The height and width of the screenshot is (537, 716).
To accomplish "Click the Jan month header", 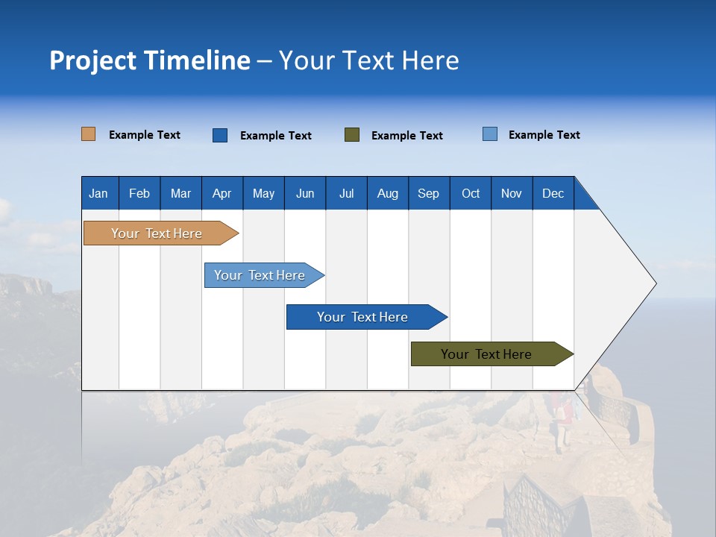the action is point(98,194).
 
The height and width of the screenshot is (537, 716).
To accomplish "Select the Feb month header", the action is point(139,194).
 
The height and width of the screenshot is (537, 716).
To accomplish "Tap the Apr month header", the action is point(222,194).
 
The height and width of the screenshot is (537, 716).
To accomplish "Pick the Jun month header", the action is point(305,194).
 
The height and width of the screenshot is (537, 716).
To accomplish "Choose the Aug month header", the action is point(388,194).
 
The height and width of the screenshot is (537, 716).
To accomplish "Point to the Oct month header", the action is point(471,194).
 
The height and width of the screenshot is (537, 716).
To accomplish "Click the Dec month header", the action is point(553,194).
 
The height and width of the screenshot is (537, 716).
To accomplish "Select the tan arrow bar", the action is point(161,233).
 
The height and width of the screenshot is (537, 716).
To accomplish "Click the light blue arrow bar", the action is point(264,275).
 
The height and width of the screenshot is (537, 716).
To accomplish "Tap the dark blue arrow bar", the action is point(367,317).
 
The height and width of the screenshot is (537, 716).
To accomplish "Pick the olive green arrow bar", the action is point(492,354).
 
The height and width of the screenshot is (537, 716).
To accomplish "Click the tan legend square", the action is point(88,134).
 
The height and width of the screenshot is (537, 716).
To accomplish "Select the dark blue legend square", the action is point(220,135).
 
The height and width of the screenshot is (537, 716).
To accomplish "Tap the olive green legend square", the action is point(352,135).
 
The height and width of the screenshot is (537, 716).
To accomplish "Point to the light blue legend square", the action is point(490,134).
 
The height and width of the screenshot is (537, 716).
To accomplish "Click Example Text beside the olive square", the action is point(407,136).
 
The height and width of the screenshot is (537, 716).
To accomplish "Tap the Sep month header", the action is point(428,194).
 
